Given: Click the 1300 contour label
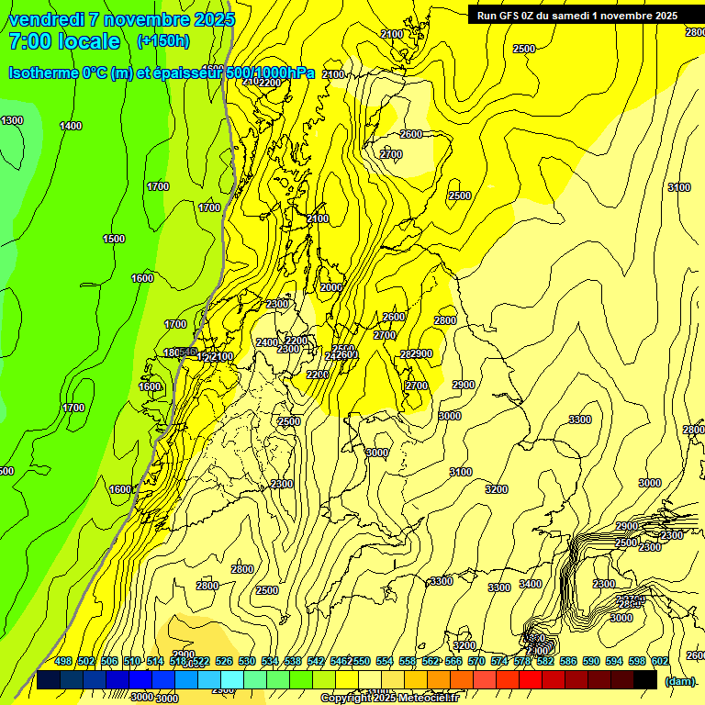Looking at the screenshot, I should click(12, 120).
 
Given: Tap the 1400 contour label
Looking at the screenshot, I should click(71, 126).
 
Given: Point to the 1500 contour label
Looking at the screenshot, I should click(114, 239).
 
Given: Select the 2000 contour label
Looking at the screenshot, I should click(331, 287).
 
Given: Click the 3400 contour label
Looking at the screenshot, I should click(531, 584).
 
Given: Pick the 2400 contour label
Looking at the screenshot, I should click(266, 342).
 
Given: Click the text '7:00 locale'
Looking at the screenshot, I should click(64, 41).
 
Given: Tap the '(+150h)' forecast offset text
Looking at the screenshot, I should click(162, 40).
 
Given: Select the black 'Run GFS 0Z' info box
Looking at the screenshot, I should click(577, 15).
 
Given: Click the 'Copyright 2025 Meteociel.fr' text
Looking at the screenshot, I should click(389, 699).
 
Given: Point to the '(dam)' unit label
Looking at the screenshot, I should click(679, 680).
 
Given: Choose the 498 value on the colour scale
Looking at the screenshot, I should click(63, 661).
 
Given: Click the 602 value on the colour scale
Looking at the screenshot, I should click(660, 661).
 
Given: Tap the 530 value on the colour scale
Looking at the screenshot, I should click(247, 661).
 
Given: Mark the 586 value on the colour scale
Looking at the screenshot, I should click(568, 661).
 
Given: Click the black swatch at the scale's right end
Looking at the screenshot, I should click(645, 680).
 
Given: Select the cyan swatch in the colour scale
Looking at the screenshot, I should click(232, 680).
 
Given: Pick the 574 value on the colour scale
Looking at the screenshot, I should click(499, 661).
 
